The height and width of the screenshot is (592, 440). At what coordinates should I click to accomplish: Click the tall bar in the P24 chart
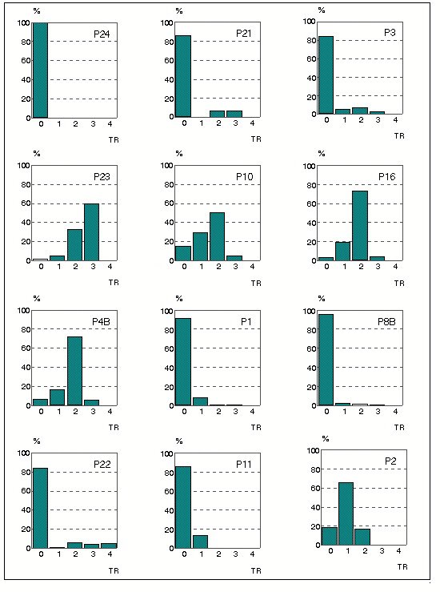[40, 70]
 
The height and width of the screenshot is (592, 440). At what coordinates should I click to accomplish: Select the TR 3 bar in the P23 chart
[92, 232]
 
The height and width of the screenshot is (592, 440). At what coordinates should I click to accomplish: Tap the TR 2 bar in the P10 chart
[217, 237]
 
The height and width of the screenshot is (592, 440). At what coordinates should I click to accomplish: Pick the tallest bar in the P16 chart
[360, 226]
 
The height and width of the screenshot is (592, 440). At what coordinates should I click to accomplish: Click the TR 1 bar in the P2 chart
[346, 513]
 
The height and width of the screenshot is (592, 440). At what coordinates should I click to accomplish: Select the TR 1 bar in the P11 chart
[200, 542]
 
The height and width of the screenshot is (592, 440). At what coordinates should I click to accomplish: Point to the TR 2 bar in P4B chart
[74, 371]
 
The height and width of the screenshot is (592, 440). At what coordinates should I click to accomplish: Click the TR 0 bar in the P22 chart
[40, 508]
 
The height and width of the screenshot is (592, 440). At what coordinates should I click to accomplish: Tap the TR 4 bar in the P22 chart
[109, 546]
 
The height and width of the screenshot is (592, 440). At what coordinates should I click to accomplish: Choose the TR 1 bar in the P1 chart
[200, 401]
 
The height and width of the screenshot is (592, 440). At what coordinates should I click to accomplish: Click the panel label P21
[243, 34]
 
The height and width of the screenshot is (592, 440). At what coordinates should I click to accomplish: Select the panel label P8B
[386, 322]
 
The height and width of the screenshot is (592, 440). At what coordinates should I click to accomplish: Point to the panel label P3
[390, 33]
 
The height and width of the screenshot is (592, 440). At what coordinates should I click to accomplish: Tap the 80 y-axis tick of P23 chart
[26, 184]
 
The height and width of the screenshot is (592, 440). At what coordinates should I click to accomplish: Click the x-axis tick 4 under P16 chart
[395, 267]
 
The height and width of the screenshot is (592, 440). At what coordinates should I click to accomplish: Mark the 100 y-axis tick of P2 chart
[314, 450]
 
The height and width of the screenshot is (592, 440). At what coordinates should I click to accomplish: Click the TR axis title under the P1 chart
[256, 428]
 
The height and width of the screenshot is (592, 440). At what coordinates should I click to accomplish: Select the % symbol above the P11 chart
[179, 441]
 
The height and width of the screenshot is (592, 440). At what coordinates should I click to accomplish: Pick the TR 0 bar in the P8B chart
[326, 360]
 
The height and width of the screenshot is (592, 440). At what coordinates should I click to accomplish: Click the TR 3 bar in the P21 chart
[234, 114]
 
